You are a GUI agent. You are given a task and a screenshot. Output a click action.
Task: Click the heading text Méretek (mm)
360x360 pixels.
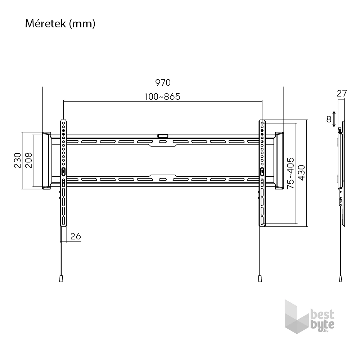click(60, 24)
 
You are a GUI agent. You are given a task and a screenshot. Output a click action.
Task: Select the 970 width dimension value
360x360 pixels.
click(163, 82)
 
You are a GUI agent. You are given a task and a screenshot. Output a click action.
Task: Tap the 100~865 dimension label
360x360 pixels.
click(163, 96)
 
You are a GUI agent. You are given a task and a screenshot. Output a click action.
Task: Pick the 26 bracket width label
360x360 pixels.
click(76, 236)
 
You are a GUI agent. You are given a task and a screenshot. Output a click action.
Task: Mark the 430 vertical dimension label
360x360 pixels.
click(301, 173)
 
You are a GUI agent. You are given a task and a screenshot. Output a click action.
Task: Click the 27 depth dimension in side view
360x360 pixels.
click(342, 93)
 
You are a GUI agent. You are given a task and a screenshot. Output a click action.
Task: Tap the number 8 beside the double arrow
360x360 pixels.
click(329, 119)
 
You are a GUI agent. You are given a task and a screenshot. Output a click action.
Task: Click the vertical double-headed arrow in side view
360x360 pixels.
click(335, 119)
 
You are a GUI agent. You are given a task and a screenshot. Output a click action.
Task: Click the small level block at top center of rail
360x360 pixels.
click(163, 136)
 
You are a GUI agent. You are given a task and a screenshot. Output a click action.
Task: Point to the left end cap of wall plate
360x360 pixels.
click(46, 161)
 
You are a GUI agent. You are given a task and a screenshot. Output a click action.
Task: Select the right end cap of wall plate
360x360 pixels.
click(279, 161)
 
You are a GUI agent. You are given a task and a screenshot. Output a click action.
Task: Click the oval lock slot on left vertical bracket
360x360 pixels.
click(64, 172)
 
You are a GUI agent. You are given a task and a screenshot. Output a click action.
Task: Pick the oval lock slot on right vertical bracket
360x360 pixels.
click(262, 172)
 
